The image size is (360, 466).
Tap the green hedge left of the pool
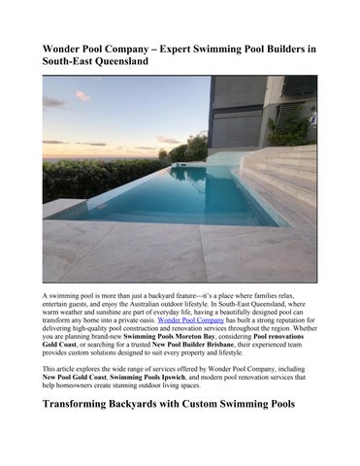(87, 180)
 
